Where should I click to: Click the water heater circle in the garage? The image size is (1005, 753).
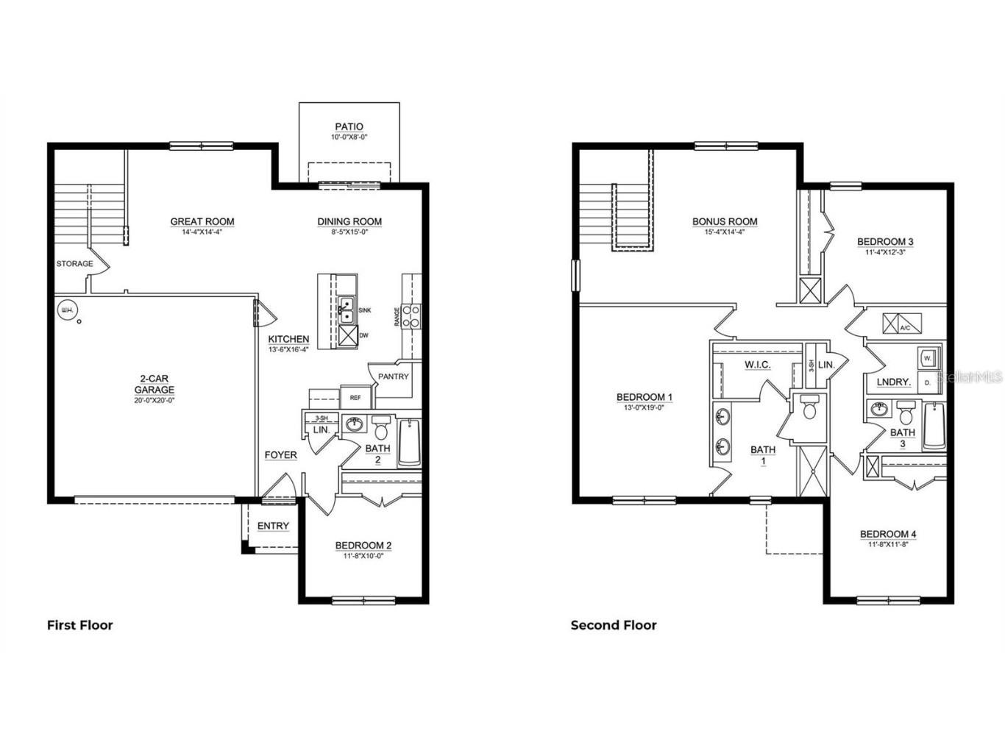click(67, 310)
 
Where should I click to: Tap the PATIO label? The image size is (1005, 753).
click(349, 127)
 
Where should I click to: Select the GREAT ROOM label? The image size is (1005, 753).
click(202, 221)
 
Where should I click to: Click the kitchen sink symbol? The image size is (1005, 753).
click(347, 310)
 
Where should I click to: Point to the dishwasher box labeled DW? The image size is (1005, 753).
click(347, 335)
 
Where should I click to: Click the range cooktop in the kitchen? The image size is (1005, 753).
click(411, 316)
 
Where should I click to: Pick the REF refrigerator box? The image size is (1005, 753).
click(355, 398)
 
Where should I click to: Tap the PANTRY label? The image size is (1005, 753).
click(393, 376)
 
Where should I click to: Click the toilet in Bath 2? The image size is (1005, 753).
click(381, 427)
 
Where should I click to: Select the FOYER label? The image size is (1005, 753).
click(280, 455)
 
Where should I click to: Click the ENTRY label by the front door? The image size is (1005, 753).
click(273, 526)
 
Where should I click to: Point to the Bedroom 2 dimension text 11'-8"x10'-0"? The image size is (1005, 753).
click(363, 556)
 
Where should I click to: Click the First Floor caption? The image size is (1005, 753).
click(80, 625)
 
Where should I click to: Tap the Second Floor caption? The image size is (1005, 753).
click(614, 625)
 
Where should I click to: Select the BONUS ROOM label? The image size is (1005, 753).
click(725, 221)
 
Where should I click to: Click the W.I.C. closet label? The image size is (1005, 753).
click(757, 365)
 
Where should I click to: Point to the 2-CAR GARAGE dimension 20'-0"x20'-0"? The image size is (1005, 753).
click(154, 401)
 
